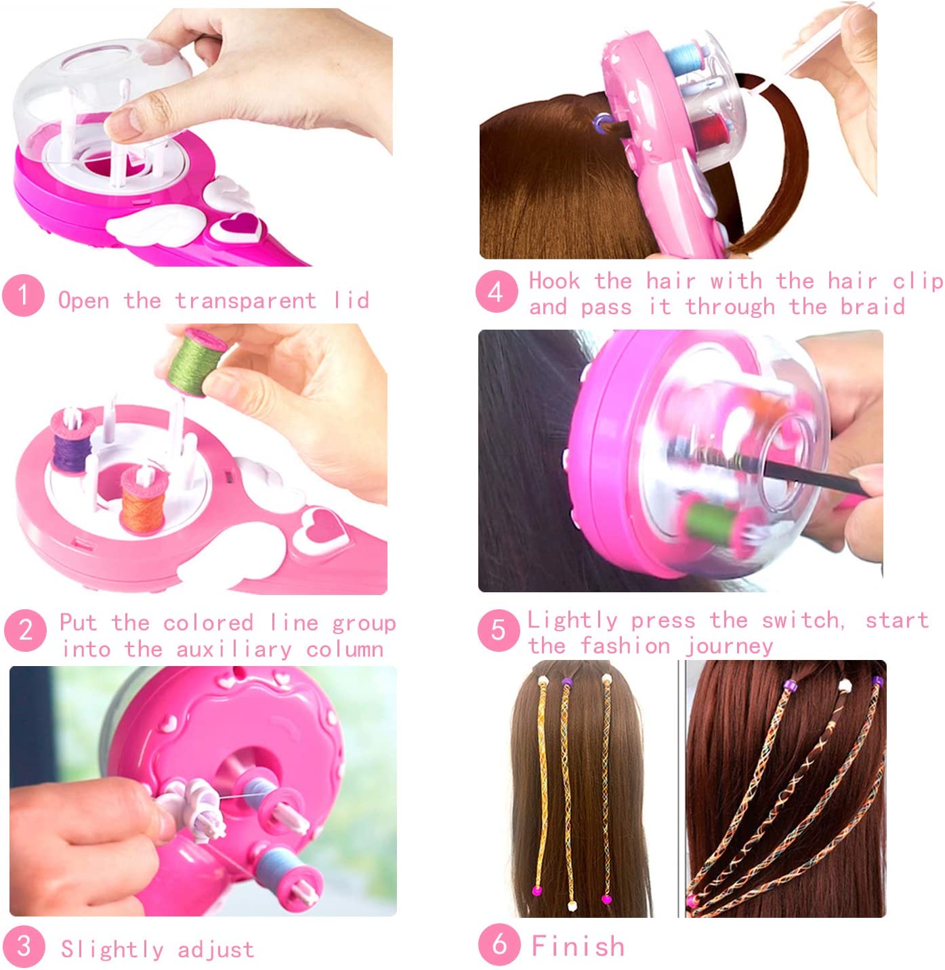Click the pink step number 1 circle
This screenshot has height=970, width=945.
(23, 295)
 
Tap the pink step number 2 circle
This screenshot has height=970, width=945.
(26, 630)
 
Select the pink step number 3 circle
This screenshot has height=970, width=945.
(24, 946)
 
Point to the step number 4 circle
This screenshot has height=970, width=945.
(497, 291)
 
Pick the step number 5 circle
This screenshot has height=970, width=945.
(499, 630)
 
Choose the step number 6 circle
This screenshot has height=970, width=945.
(499, 944)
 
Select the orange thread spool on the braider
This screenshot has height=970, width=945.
(144, 500)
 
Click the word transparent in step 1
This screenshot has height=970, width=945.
(245, 301)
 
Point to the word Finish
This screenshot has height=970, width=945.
(577, 946)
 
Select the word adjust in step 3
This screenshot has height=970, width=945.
(216, 950)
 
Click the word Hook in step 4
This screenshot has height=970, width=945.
(554, 281)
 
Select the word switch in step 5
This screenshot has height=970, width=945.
(802, 621)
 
